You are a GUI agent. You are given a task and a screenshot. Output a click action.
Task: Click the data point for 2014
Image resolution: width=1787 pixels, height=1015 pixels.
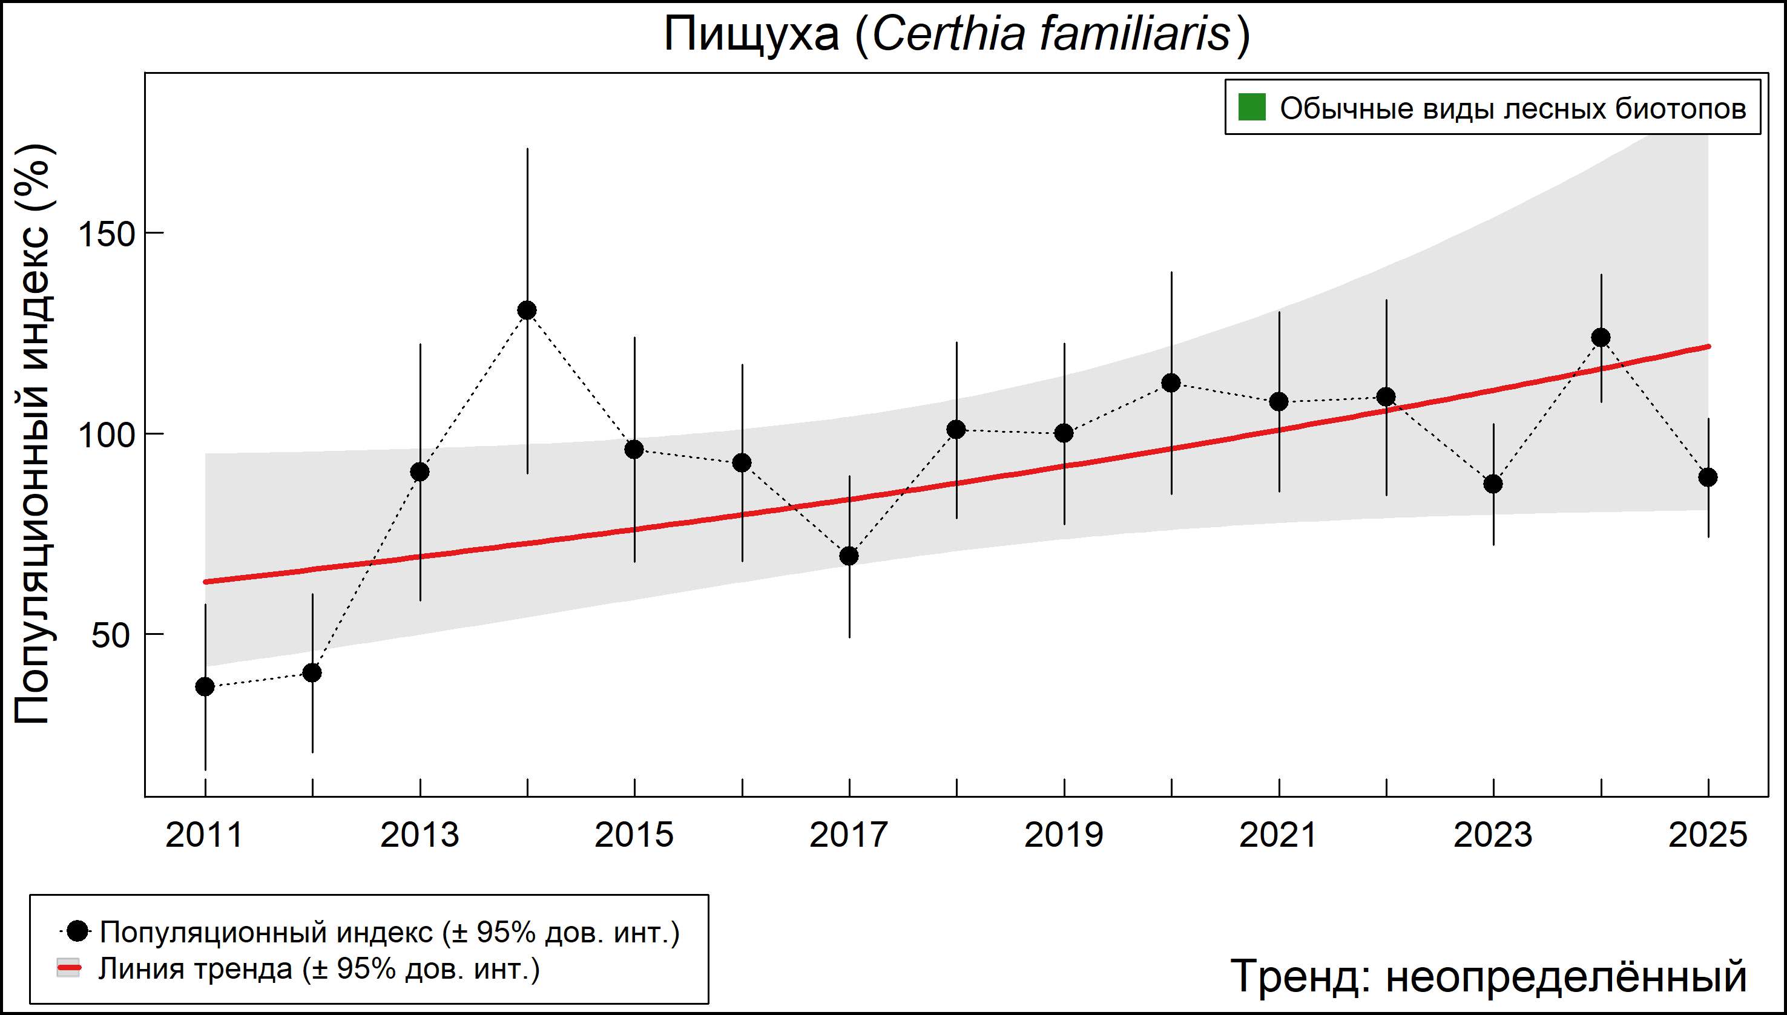(527, 310)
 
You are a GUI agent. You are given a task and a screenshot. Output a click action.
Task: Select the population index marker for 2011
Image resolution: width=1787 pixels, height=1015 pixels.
(205, 687)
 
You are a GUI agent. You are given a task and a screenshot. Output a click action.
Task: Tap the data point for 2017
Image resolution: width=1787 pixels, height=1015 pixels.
(849, 556)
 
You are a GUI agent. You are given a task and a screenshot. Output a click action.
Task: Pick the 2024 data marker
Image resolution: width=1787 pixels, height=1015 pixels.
(1601, 337)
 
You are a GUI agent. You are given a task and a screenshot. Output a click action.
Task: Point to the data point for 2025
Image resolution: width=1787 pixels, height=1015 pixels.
(1708, 478)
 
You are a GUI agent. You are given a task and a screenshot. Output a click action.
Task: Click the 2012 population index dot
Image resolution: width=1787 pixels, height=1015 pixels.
(312, 672)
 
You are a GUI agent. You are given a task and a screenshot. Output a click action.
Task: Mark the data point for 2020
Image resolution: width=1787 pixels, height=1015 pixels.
(1171, 383)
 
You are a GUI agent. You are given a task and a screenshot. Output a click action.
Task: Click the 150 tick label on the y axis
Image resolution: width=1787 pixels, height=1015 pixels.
(105, 234)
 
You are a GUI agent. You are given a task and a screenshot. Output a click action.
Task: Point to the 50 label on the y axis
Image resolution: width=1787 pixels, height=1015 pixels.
(111, 635)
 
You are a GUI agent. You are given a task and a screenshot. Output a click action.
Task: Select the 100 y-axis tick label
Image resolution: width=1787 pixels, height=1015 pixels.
(105, 435)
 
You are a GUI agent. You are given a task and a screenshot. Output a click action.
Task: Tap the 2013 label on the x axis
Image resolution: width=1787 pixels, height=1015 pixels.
(420, 835)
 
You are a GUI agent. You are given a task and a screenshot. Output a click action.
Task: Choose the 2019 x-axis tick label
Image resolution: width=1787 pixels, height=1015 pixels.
(1064, 835)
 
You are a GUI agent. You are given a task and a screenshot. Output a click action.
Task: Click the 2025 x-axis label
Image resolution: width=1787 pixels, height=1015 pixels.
(1708, 835)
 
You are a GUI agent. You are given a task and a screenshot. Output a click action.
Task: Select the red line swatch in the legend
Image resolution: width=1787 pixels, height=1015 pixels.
(68, 968)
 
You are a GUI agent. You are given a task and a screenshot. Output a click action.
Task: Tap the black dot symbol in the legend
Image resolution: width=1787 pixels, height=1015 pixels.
(79, 931)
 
